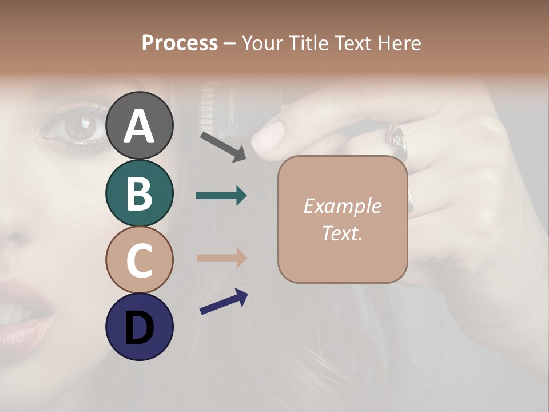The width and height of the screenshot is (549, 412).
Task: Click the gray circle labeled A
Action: pyautogui.click(x=139, y=125)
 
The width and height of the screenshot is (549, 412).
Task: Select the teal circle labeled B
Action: pyautogui.click(x=139, y=193)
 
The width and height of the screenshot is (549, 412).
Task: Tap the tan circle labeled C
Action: pyautogui.click(x=139, y=260)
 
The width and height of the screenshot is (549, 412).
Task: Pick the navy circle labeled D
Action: pyautogui.click(x=139, y=327)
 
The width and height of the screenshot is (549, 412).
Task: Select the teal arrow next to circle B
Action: pyautogui.click(x=221, y=196)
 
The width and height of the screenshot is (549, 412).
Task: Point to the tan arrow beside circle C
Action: pyautogui.click(x=221, y=257)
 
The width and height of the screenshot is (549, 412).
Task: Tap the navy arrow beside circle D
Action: pyautogui.click(x=224, y=302)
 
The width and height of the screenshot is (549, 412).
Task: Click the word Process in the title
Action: pyautogui.click(x=180, y=43)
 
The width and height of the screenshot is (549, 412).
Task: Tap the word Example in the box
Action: pyautogui.click(x=342, y=206)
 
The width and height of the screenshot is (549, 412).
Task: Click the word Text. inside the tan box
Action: pyautogui.click(x=342, y=233)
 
